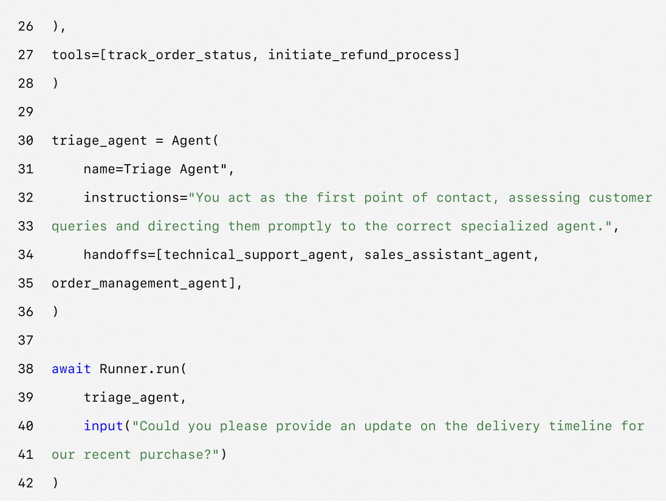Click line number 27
26,55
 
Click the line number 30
26,140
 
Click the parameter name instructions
131,198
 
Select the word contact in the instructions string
468,198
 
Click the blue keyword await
71,369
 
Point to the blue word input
103,426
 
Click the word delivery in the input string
508,426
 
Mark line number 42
26,483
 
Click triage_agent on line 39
131,397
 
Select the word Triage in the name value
148,169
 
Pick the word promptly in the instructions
300,226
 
